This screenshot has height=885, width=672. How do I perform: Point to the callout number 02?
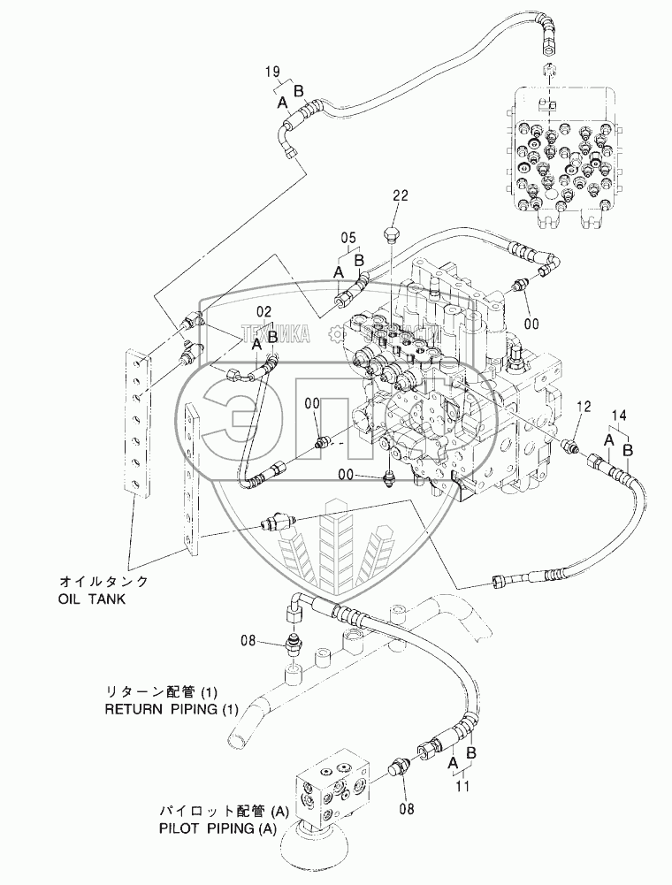[x=263, y=312]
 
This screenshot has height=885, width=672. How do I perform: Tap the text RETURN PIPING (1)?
[x=160, y=709]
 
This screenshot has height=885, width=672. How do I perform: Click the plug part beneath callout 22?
[x=391, y=234]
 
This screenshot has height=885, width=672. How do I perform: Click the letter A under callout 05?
[x=339, y=272]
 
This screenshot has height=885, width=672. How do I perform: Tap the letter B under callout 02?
[x=273, y=337]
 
